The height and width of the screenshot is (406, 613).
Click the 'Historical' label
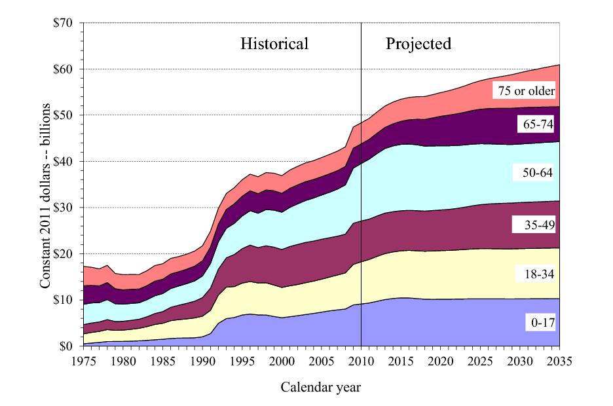pos(274,45)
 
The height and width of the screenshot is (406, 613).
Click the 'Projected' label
pos(418,45)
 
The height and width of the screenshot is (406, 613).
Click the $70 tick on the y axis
pos(66,23)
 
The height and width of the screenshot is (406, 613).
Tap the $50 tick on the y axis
pos(66,115)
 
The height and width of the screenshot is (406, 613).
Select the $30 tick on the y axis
pos(66,208)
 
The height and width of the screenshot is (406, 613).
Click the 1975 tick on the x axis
pos(82,361)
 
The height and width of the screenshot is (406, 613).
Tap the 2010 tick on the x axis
pos(361,361)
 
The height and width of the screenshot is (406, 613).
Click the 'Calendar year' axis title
pos(321,387)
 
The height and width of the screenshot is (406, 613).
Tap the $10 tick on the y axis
pos(66,300)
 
